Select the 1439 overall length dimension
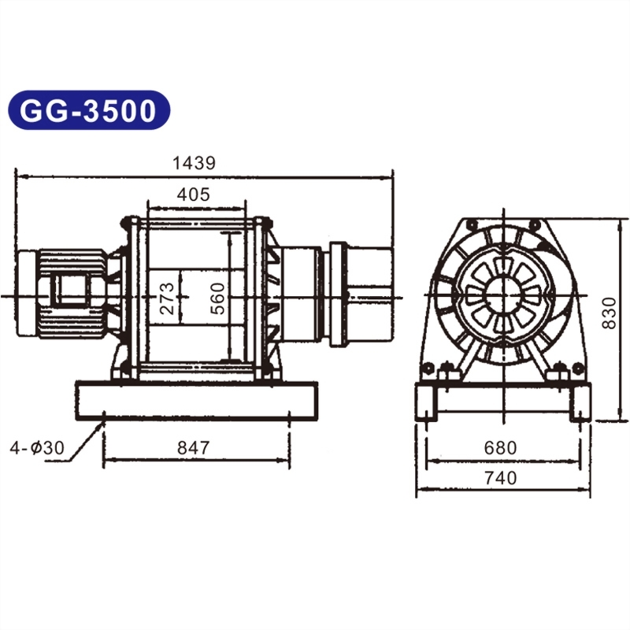[x=194, y=163]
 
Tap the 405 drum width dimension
[x=194, y=195]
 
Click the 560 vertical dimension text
[x=219, y=298]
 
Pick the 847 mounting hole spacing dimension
[x=194, y=448]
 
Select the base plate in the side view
[x=197, y=400]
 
